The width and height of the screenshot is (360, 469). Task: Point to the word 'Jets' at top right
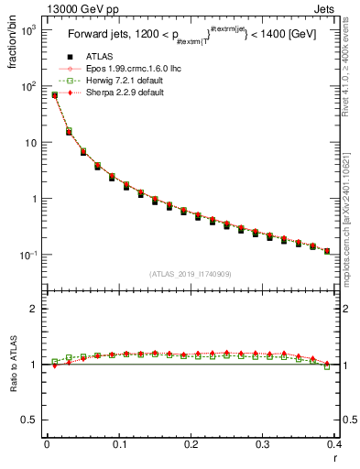click(x=340, y=10)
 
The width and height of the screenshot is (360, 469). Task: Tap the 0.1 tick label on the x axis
click(x=119, y=444)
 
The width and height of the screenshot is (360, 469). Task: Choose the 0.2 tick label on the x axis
click(x=191, y=444)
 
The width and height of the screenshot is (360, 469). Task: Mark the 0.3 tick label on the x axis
click(x=263, y=444)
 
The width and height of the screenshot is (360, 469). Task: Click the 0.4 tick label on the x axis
click(x=335, y=444)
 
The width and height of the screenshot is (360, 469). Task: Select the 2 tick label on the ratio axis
click(x=36, y=309)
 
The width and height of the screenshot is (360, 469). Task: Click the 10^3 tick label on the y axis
click(x=30, y=30)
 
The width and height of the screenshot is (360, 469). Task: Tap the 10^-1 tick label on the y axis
click(x=30, y=255)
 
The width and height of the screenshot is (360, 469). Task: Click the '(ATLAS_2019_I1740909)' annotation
click(x=191, y=273)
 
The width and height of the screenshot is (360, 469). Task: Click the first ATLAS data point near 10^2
click(x=54, y=95)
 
